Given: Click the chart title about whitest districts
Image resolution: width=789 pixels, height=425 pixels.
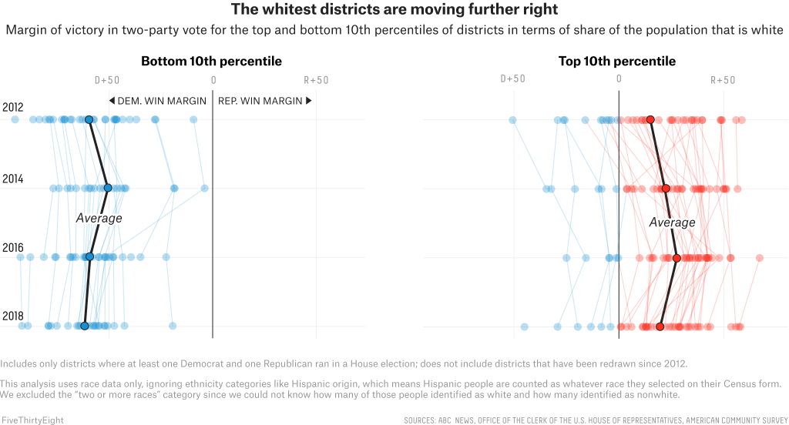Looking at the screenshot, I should coord(394,10).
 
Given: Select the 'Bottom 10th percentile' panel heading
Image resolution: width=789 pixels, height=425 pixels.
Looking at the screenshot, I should coord(211,61).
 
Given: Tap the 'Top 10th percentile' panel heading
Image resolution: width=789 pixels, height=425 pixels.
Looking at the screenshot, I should coord(617,61).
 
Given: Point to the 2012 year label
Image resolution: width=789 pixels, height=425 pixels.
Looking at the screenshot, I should coord(12,107).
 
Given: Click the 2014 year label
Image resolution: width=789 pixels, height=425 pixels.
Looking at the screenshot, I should coord(12,179).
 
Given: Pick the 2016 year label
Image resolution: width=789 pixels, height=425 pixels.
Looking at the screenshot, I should coord(12,248).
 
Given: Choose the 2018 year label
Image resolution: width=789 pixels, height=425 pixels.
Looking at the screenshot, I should coord(12,316).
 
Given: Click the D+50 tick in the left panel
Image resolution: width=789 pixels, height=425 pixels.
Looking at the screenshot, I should coord(107,79).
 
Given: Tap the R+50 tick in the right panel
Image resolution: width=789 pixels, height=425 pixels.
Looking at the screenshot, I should coord(723,79).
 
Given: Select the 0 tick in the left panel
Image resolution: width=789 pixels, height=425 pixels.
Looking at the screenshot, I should coord(213,79).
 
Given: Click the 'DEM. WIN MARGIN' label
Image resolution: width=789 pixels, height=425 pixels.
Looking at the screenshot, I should coord(157,101).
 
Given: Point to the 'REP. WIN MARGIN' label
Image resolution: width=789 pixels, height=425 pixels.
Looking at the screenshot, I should coord(265,101).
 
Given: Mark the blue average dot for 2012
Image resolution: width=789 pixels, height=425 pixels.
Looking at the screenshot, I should coord(89,119).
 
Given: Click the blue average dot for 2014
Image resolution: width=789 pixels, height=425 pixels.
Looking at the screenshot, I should coord(108,188).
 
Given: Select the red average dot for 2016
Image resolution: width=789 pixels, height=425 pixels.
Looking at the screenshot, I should coord(677,258).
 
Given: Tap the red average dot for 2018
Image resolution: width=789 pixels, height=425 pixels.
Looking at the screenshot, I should coord(660,326).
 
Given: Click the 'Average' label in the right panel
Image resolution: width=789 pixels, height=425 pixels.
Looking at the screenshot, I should coord(672,223).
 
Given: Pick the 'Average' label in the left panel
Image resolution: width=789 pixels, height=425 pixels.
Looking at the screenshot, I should coord(99,218).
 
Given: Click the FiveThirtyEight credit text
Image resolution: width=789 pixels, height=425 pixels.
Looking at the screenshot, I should coord(32,420).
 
